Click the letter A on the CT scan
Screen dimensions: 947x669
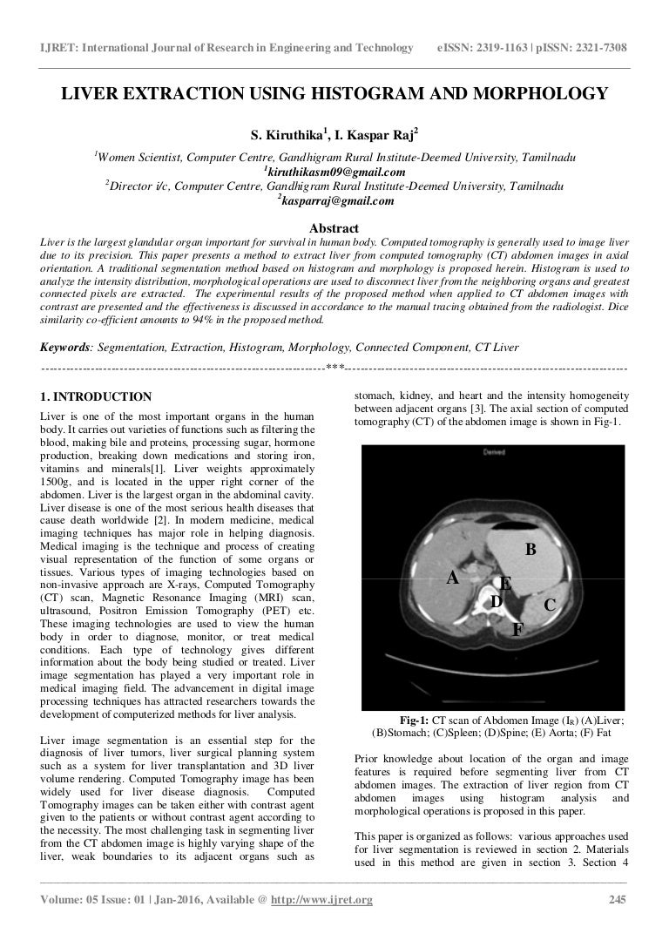coord(452,578)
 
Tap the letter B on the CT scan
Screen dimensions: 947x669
coord(530,549)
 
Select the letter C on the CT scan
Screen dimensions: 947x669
coord(550,604)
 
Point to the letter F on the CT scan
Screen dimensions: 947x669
coord(517,628)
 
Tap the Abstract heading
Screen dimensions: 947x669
coord(334,228)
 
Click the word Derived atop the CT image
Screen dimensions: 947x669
coord(493,453)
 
